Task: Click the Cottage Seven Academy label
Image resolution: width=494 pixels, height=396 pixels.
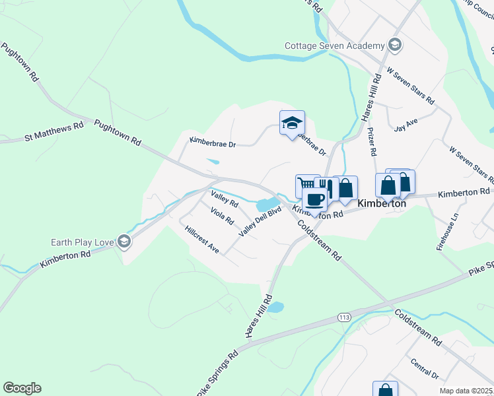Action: point(334,46)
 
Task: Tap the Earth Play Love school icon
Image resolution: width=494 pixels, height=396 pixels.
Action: point(123,242)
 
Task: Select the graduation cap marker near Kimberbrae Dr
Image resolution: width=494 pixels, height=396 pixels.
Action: point(292,123)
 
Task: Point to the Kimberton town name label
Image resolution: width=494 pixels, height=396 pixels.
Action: point(381,204)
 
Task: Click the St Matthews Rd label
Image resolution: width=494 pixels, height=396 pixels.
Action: point(54,131)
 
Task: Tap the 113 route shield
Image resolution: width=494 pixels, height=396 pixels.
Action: point(343,317)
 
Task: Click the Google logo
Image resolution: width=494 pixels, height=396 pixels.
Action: point(22,388)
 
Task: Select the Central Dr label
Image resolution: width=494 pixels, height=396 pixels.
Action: point(424,368)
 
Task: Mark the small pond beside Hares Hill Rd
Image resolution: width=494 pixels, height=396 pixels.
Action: point(275,307)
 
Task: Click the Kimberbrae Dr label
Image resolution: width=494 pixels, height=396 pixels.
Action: point(213,141)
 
